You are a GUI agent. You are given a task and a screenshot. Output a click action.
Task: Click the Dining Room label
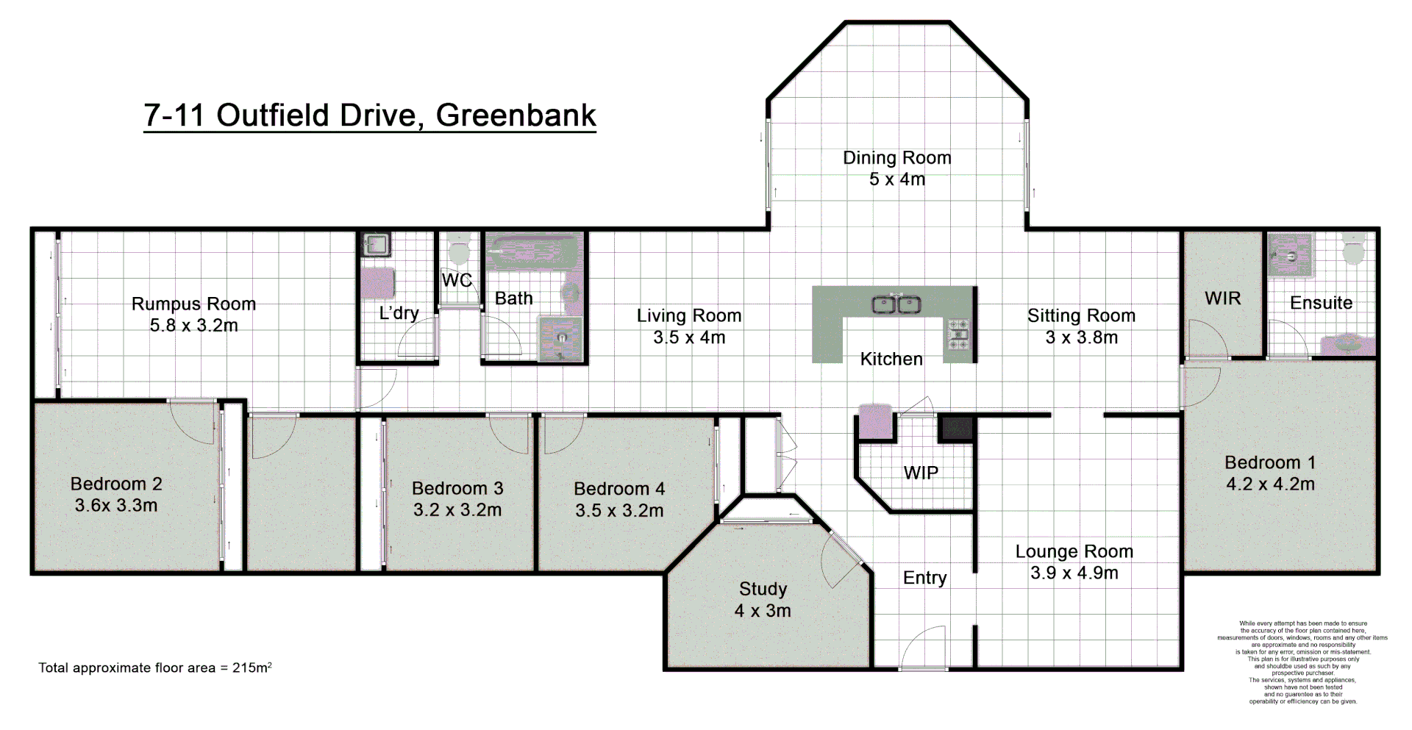click(x=896, y=158)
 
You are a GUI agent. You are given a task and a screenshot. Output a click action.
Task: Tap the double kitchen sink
click(x=896, y=304)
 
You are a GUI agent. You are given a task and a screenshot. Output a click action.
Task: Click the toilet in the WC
click(x=459, y=249)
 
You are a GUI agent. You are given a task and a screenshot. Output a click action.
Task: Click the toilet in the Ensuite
click(x=1354, y=249)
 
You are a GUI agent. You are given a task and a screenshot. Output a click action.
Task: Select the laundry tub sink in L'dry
click(x=377, y=244)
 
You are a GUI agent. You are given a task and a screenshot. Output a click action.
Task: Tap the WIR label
click(x=1222, y=298)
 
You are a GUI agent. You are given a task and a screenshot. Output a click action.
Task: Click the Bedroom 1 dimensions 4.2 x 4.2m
click(x=1270, y=484)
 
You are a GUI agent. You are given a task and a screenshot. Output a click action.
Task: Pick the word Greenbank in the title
click(x=516, y=115)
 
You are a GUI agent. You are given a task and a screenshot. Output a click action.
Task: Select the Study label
click(x=763, y=589)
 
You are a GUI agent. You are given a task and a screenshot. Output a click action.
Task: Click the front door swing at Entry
click(x=922, y=647)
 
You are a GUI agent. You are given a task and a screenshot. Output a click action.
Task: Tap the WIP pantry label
click(x=921, y=473)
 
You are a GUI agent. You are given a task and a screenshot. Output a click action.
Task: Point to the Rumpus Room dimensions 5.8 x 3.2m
click(x=193, y=326)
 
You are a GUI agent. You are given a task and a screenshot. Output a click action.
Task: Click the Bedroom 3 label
click(x=457, y=488)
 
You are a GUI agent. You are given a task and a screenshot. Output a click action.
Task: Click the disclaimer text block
click(x=1302, y=662)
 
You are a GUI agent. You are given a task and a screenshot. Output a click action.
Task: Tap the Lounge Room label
click(x=1074, y=551)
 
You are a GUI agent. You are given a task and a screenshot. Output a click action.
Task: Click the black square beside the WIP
click(x=957, y=428)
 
